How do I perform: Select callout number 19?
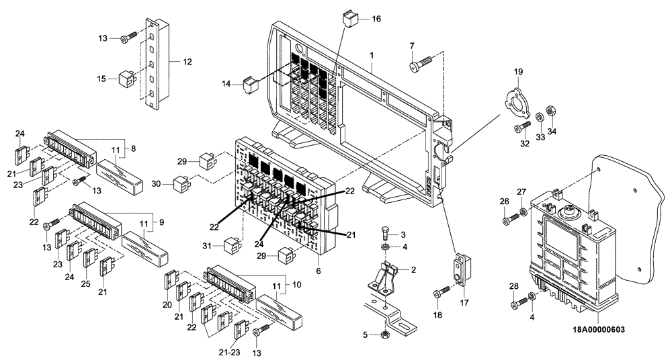tap(518, 72)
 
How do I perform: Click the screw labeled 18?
tap(441, 291)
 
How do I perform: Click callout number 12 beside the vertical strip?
tap(187, 62)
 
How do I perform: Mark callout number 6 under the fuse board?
tap(318, 271)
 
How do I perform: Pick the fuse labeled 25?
tap(89, 261)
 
